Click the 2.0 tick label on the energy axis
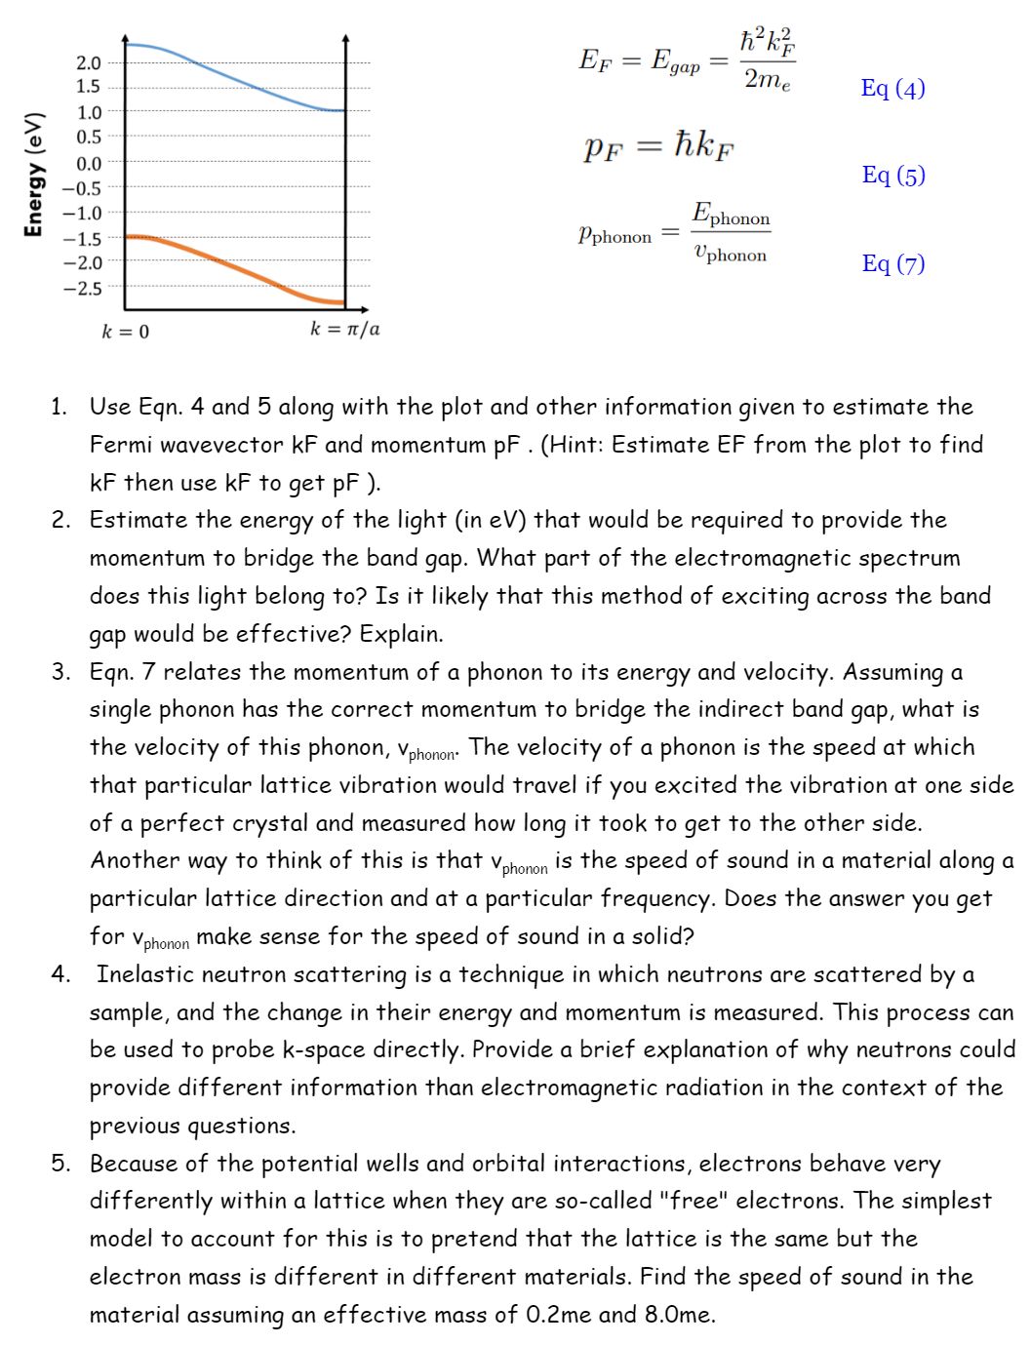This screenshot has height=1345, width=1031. pyautogui.click(x=88, y=63)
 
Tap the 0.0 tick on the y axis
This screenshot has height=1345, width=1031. pyautogui.click(x=88, y=163)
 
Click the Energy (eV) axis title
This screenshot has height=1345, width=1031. pyautogui.click(x=34, y=175)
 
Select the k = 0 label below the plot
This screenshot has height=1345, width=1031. pyautogui.click(x=125, y=332)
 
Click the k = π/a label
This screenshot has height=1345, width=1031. pyautogui.click(x=344, y=329)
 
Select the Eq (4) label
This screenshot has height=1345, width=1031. pyautogui.click(x=892, y=89)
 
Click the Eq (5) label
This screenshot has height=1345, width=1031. pyautogui.click(x=892, y=176)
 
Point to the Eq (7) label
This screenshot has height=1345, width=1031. pyautogui.click(x=892, y=263)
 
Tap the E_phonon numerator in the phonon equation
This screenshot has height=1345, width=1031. pyautogui.click(x=731, y=215)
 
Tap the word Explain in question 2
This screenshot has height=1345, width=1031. pyautogui.click(x=400, y=634)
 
